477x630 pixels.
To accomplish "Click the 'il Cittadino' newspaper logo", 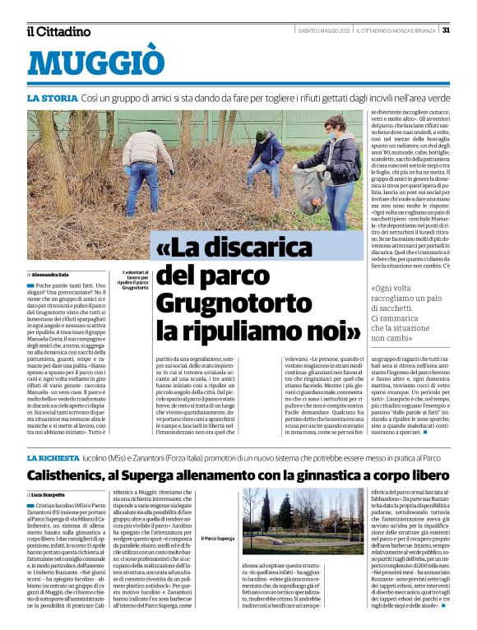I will point(58,31).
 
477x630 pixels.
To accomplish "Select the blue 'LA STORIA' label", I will point(53,98).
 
